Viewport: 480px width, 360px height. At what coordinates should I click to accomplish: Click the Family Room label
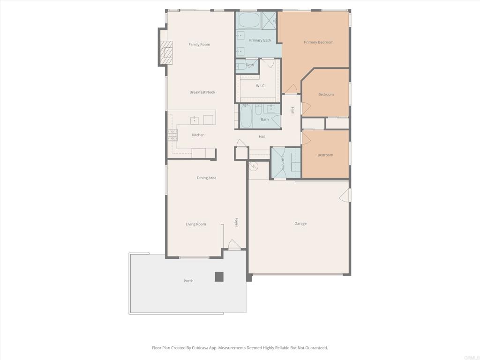(199, 45)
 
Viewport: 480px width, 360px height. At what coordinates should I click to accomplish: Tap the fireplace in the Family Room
(166, 52)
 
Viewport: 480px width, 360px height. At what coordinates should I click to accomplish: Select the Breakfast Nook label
(202, 92)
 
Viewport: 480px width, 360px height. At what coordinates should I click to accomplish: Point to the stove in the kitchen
(172, 135)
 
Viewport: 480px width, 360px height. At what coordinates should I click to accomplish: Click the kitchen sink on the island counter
(195, 120)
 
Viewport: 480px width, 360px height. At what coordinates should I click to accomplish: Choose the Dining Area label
(206, 178)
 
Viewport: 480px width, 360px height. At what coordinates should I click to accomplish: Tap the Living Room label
(195, 224)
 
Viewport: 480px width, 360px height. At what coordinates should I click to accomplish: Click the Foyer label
(237, 223)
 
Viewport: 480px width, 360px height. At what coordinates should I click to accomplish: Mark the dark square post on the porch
(219, 277)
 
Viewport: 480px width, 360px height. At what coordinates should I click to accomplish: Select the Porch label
(188, 281)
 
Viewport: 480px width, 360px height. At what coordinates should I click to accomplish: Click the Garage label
(300, 224)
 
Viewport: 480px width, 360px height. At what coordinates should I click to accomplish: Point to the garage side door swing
(345, 195)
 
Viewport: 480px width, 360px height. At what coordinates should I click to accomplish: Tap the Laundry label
(283, 163)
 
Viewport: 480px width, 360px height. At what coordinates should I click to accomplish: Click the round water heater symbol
(254, 166)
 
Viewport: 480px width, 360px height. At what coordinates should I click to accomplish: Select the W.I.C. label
(261, 86)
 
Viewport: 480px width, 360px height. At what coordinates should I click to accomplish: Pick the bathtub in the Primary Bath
(248, 20)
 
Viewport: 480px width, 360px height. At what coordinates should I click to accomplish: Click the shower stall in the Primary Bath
(269, 21)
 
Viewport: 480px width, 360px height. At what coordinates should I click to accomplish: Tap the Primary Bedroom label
(318, 42)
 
